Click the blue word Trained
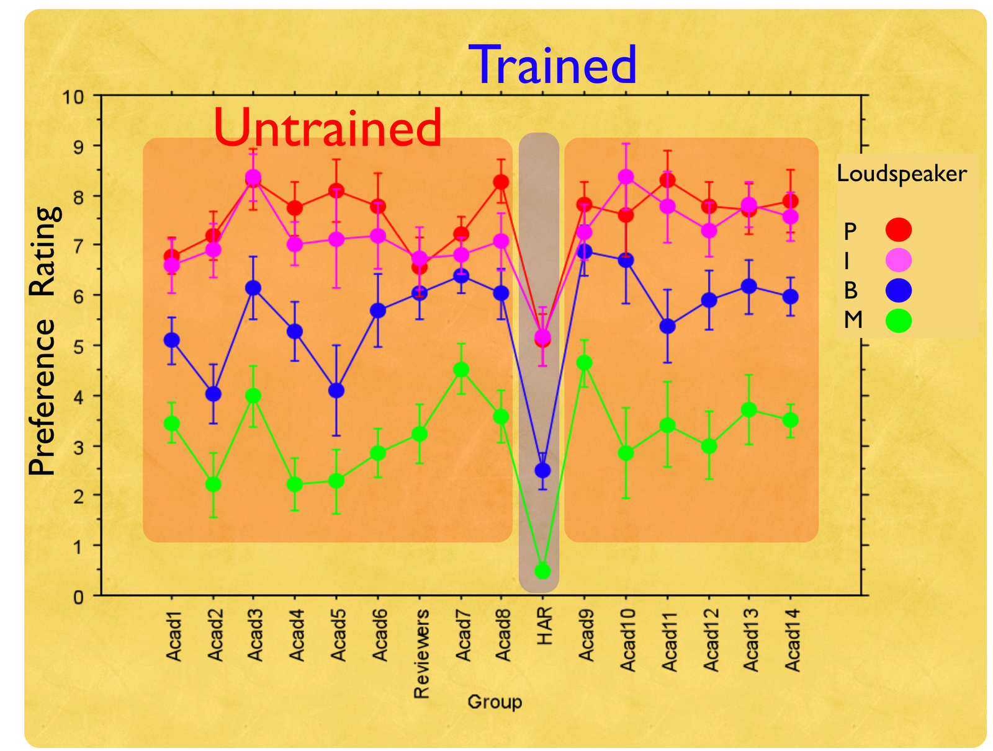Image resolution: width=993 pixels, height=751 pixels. pyautogui.click(x=556, y=64)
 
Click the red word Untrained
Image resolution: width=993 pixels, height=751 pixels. pyautogui.click(x=327, y=127)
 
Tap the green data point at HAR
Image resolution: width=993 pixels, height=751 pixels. pyautogui.click(x=542, y=571)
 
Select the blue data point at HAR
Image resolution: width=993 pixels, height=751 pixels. pyautogui.click(x=542, y=470)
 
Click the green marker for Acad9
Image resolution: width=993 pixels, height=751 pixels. pyautogui.click(x=584, y=363)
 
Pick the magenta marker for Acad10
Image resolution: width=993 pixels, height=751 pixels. pyautogui.click(x=626, y=177)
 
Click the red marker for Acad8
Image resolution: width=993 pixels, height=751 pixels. pyautogui.click(x=501, y=182)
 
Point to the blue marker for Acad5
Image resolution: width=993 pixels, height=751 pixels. pyautogui.click(x=336, y=390)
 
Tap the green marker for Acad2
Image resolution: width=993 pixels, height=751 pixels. pyautogui.click(x=213, y=484)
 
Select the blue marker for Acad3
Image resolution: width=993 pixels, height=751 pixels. pyautogui.click(x=253, y=288)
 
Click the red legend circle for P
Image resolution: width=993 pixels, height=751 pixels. pyautogui.click(x=899, y=229)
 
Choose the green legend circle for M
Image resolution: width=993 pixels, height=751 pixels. pyautogui.click(x=899, y=321)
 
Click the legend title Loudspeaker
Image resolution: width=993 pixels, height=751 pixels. pyautogui.click(x=901, y=174)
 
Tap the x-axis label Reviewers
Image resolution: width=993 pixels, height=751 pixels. pyautogui.click(x=421, y=654)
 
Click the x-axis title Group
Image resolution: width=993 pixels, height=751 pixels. pyautogui.click(x=495, y=702)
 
